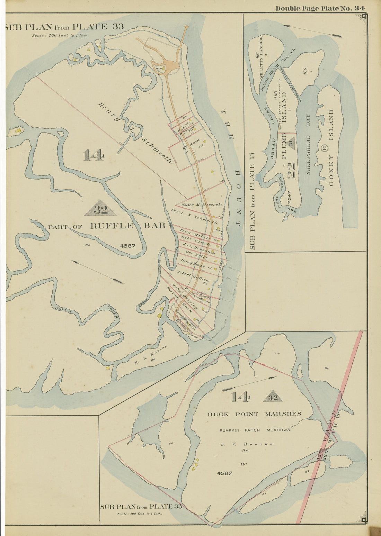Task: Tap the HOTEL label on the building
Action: [159, 68]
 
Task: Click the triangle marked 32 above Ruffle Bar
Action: [100, 208]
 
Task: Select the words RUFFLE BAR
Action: [127, 226]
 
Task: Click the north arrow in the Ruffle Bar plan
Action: [98, 272]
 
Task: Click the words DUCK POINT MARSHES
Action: [254, 414]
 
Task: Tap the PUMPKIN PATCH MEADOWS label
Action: [255, 430]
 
